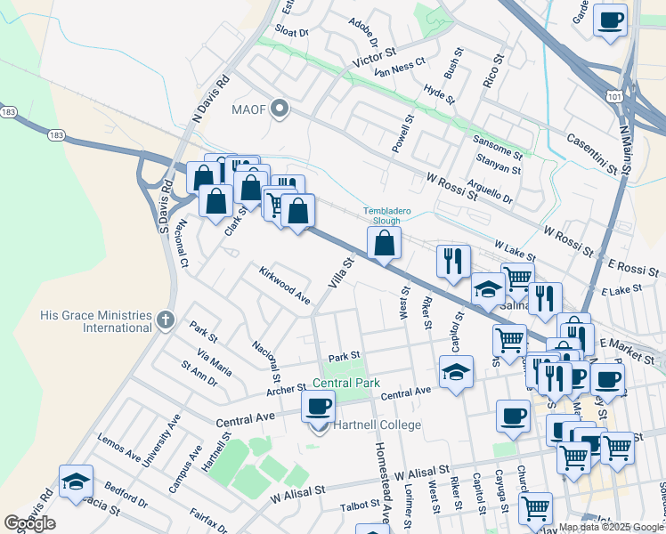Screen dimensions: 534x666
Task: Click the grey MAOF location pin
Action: coord(280,109)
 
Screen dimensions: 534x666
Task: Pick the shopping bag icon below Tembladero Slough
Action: coord(384,242)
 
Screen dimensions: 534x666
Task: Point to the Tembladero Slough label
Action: coord(387,216)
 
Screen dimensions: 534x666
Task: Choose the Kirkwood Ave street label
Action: coord(284,286)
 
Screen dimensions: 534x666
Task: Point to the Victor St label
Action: coord(374,60)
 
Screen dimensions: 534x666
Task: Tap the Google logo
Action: coord(29,522)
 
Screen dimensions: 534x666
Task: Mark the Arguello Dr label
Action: coord(490,190)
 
